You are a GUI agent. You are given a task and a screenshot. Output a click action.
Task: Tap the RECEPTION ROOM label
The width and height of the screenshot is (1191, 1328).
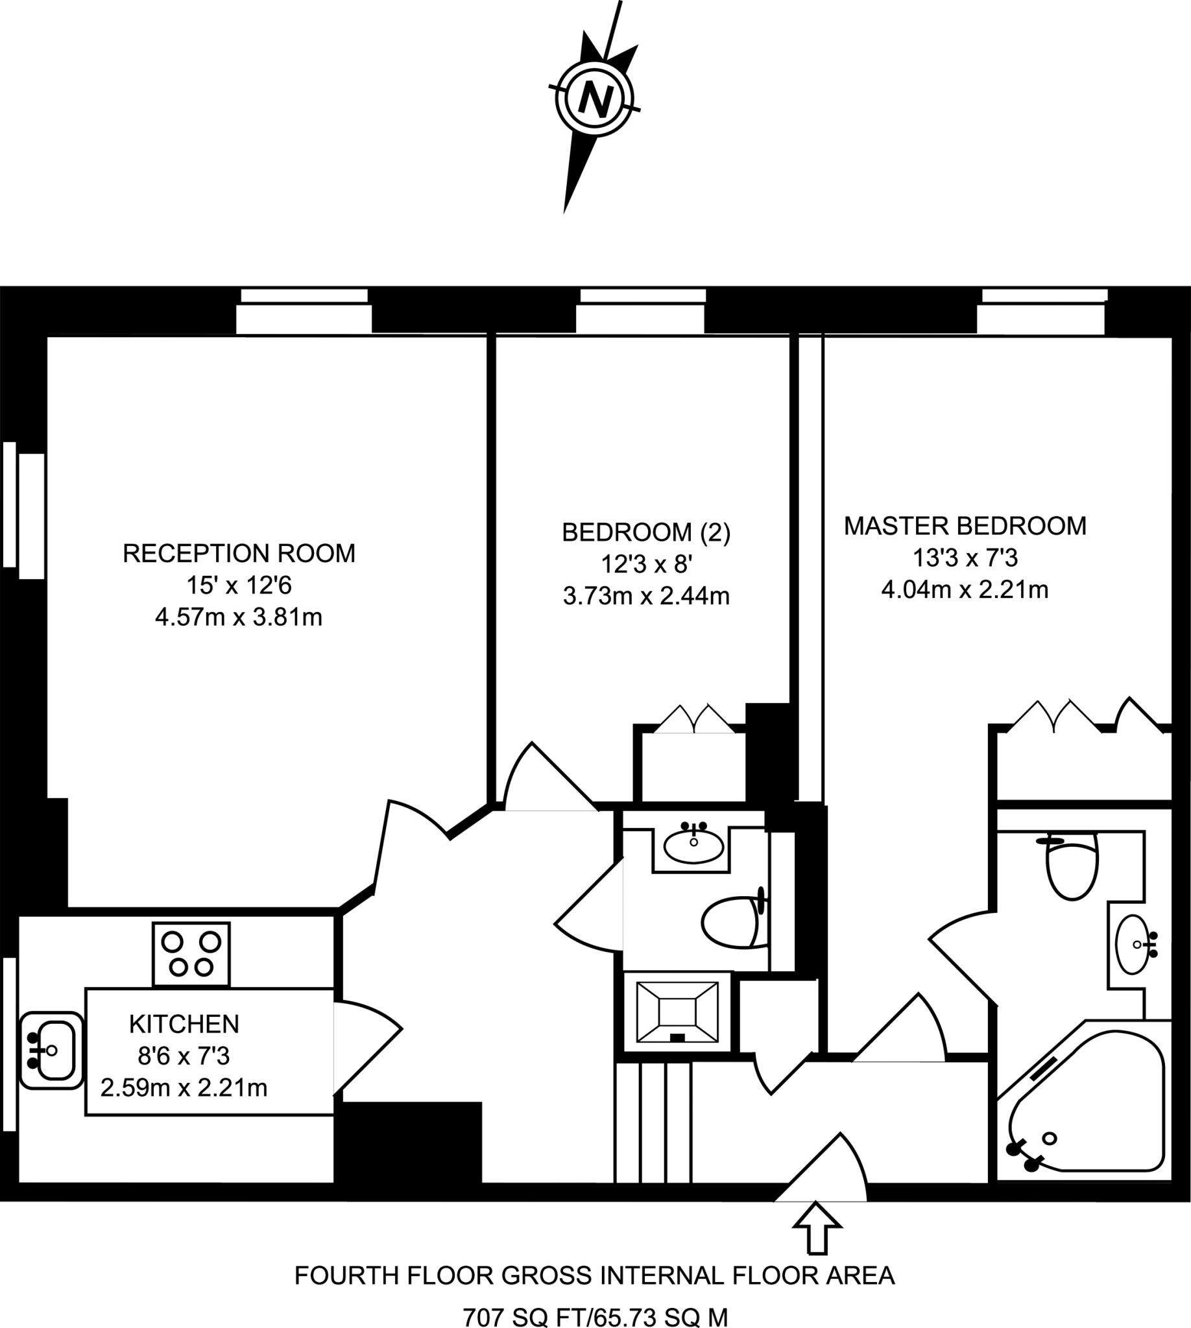click(239, 554)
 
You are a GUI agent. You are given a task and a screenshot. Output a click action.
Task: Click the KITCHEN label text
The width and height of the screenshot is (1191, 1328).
click(184, 1024)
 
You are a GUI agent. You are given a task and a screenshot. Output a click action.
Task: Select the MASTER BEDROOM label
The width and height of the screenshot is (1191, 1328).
click(965, 526)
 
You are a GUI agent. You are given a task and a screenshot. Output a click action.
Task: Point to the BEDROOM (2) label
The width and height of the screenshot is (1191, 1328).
click(646, 532)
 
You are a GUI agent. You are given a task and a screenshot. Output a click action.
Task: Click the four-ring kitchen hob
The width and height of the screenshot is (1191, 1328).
click(191, 954)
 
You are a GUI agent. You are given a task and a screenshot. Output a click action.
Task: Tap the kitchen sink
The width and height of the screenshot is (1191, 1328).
click(51, 1050)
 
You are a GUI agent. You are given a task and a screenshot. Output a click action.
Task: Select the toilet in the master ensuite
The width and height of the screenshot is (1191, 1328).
click(1072, 867)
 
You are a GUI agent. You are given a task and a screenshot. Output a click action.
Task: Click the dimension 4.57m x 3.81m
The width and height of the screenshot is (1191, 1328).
click(239, 617)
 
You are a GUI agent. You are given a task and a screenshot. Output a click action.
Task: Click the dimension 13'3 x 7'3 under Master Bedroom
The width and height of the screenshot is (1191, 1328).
click(965, 558)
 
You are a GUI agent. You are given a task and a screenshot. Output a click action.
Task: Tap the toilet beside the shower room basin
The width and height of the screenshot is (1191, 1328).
click(732, 921)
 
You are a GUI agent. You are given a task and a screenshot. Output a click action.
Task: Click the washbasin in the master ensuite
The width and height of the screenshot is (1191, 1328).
click(1135, 945)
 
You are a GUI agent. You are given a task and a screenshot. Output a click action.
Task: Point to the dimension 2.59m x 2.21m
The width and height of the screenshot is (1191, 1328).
click(184, 1087)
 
